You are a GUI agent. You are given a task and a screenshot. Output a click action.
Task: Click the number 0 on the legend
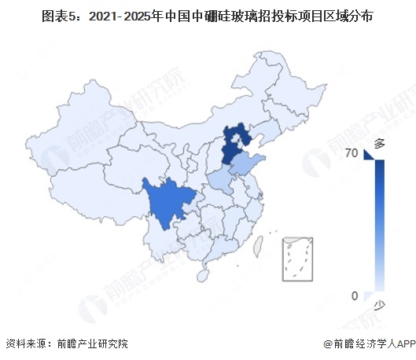355,296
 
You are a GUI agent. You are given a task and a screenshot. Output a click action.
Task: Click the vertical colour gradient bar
379,228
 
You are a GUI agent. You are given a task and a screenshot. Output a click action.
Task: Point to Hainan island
206,275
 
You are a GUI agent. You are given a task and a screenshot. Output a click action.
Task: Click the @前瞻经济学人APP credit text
367,343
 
